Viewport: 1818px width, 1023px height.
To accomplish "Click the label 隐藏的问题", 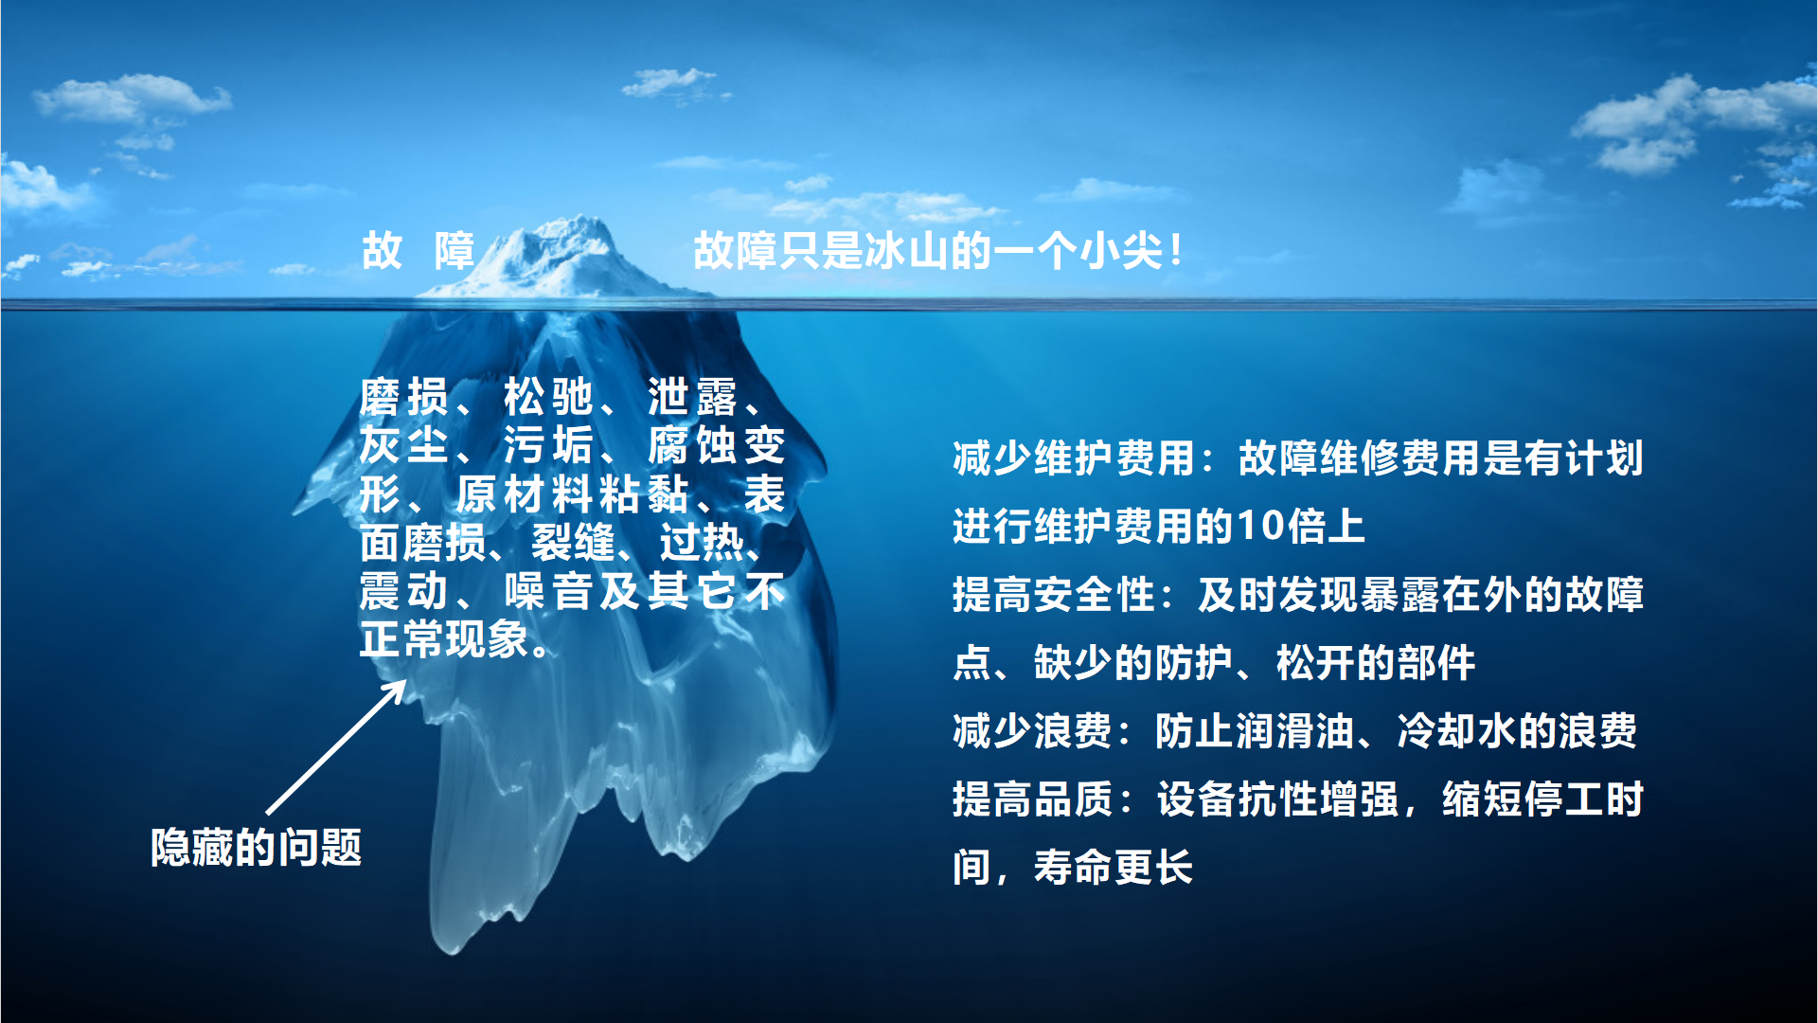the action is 256,847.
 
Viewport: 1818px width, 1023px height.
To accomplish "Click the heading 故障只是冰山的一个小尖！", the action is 938,251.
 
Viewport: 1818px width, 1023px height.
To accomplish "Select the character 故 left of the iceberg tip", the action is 382,251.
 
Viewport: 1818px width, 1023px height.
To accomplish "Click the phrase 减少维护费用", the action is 1074,458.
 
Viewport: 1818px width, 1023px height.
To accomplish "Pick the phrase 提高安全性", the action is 1054,595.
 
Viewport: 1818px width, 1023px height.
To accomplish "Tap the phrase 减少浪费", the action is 1032,731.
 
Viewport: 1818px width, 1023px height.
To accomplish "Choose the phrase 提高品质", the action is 1032,799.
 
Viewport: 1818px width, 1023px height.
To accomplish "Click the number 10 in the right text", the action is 1261,527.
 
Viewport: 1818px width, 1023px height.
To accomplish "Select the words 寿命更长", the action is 1113,868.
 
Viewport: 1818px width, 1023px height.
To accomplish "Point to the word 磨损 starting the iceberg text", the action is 404,396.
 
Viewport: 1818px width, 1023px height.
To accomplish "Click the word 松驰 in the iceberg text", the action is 548,396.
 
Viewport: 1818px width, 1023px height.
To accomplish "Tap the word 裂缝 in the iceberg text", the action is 574,543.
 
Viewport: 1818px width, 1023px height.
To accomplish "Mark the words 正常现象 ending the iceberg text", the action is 444,640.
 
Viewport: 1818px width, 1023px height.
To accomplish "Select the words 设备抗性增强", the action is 1277,799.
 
